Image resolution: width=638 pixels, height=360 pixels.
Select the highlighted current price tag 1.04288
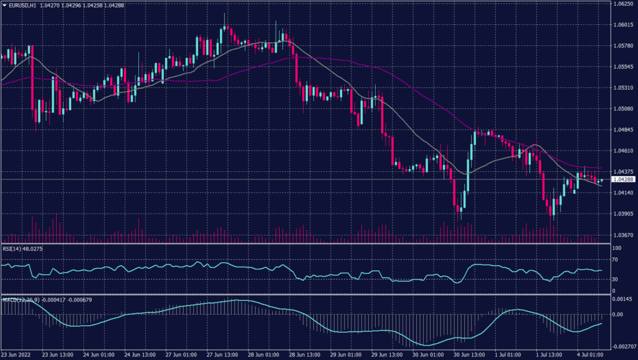tap(622, 179)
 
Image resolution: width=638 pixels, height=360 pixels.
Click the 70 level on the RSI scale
tap(616, 262)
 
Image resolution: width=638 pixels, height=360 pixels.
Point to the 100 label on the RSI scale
tap(617, 248)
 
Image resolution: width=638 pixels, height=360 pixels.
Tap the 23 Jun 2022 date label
tap(17, 355)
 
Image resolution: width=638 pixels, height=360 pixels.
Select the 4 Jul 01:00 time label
tap(588, 355)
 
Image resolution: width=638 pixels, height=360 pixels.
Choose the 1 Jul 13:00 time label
tap(550, 355)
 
